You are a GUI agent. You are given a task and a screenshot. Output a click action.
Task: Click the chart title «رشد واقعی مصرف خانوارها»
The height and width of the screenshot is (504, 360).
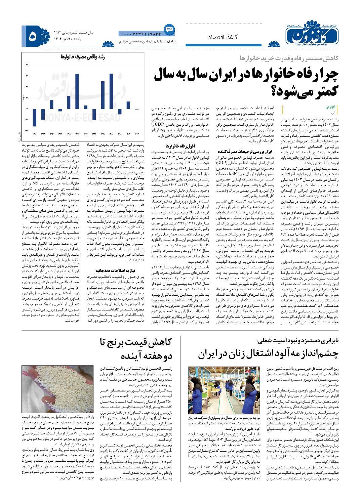click(x=83, y=57)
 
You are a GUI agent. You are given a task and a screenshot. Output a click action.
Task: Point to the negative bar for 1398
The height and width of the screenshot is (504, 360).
click(x=94, y=113)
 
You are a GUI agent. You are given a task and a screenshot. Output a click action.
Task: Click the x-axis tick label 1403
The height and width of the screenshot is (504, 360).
click(x=136, y=134)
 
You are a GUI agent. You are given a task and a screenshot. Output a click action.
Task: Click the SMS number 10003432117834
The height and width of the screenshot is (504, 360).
click(x=140, y=34)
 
